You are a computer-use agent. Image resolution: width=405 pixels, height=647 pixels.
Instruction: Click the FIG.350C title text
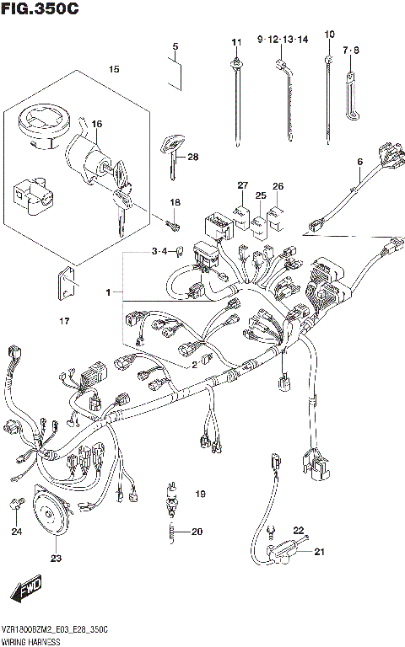pyautogui.click(x=40, y=10)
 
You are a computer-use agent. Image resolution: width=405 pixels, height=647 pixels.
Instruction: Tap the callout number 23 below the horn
pyautogui.click(x=56, y=558)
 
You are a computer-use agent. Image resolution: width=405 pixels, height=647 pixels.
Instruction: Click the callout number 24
pyautogui.click(x=16, y=531)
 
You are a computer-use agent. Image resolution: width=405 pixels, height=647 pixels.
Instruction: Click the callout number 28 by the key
pyautogui.click(x=192, y=157)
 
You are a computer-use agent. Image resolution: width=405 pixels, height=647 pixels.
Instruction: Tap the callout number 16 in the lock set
pyautogui.click(x=97, y=125)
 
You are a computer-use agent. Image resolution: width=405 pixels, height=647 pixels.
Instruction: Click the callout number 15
pyautogui.click(x=115, y=68)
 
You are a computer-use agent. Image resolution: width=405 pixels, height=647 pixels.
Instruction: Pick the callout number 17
pyautogui.click(x=64, y=320)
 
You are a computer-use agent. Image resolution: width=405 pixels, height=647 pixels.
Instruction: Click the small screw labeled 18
pyautogui.click(x=172, y=223)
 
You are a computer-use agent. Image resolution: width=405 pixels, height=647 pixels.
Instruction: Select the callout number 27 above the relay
pyautogui.click(x=242, y=185)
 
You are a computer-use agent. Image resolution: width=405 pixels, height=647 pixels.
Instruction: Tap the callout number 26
pyautogui.click(x=278, y=186)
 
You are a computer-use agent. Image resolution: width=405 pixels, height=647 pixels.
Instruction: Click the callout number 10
pyautogui.click(x=328, y=35)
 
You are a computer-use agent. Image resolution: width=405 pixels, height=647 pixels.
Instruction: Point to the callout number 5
pyautogui.click(x=175, y=46)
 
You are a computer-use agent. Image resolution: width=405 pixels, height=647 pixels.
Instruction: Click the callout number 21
pyautogui.click(x=319, y=553)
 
